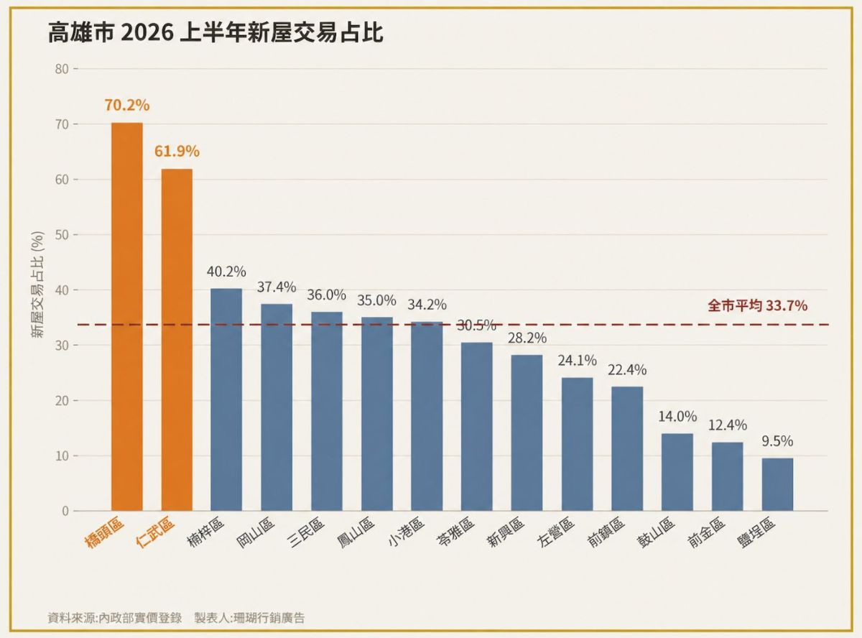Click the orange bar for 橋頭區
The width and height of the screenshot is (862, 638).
coord(126,316)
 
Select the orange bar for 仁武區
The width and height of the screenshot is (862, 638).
coord(177,339)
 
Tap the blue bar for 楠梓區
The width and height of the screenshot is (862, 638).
coord(226,399)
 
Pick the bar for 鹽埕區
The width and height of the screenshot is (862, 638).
coord(777,484)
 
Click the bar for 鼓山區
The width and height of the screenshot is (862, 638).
coord(677,472)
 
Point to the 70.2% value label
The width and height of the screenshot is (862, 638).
coord(127,106)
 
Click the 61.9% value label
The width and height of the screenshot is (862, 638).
coord(177,152)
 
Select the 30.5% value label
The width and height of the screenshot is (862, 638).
coord(476,325)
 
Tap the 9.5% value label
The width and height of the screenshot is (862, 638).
coord(777,441)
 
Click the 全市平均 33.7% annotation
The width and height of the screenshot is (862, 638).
coord(757,305)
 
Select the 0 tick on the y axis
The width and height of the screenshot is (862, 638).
coord(65,511)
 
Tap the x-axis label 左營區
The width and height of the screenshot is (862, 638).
coord(556,532)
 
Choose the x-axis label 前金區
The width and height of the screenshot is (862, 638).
coord(706,532)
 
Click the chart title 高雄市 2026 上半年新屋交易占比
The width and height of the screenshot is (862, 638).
coord(215,32)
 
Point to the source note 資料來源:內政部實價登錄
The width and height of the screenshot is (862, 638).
coord(115,618)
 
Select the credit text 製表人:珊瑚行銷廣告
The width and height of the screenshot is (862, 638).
coord(249,618)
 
